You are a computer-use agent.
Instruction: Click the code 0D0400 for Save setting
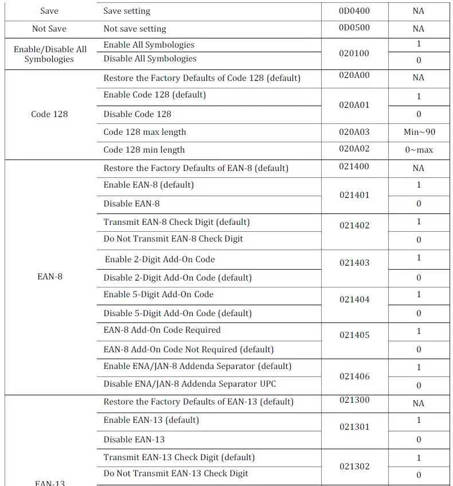click(354, 10)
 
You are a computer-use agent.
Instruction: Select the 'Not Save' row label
click(49, 29)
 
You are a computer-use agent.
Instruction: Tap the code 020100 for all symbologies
click(354, 53)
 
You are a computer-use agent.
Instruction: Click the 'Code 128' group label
click(49, 114)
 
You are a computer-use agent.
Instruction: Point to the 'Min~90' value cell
click(419, 132)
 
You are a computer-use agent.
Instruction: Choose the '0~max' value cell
click(419, 150)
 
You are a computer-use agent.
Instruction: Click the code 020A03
click(354, 132)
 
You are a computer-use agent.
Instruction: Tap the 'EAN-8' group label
click(49, 277)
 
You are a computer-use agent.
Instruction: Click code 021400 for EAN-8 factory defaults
click(354, 166)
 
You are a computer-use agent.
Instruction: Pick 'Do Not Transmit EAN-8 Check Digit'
click(173, 239)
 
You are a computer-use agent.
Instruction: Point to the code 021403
click(354, 263)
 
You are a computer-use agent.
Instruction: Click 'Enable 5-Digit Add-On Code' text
click(158, 294)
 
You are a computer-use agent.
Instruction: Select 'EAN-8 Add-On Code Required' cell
click(162, 330)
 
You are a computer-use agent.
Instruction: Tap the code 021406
click(354, 376)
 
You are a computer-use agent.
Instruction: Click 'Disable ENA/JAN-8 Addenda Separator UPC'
click(190, 384)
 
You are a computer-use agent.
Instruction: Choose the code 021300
click(354, 400)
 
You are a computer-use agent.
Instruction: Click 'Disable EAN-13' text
click(134, 440)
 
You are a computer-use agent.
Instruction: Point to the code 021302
click(354, 466)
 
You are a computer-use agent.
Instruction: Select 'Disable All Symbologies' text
click(150, 59)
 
